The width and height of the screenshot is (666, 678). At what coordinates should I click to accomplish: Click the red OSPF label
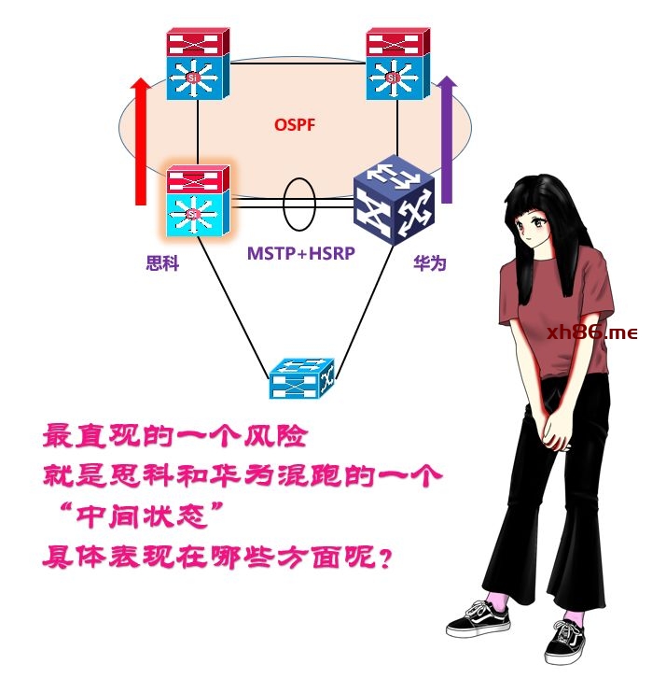(295, 125)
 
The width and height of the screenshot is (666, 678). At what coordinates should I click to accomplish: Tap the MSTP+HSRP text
(301, 253)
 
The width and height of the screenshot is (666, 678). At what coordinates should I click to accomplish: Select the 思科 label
(162, 263)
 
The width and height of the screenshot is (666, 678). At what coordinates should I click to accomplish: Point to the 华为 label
(429, 263)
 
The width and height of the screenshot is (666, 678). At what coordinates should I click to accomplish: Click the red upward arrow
(141, 141)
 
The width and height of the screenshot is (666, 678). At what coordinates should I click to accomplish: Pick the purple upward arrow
(447, 139)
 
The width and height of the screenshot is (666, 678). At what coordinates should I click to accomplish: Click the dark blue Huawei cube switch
(394, 200)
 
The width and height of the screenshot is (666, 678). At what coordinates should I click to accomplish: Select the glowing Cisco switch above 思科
(199, 200)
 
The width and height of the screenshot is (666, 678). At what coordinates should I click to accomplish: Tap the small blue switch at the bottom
(302, 378)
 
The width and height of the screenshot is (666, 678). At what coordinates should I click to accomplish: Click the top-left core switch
(199, 64)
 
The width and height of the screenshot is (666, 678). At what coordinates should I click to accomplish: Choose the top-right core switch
(397, 64)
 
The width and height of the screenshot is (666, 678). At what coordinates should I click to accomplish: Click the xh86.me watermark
(591, 332)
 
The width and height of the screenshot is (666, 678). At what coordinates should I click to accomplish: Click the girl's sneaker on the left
(479, 619)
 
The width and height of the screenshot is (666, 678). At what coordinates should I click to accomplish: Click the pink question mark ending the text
(384, 558)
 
